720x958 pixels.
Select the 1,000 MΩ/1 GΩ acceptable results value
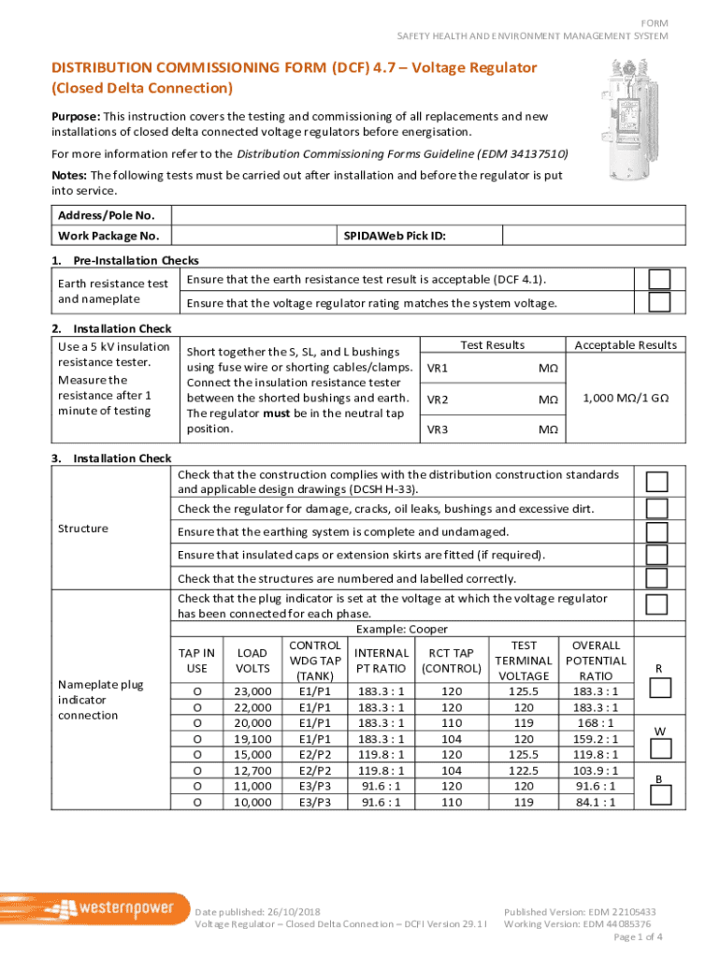(x=626, y=397)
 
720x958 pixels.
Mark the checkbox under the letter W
(x=660, y=748)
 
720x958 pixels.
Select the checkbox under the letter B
(x=660, y=795)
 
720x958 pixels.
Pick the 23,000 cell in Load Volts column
(x=253, y=691)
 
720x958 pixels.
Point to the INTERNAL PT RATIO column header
(x=382, y=660)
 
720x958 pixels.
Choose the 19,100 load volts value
(x=253, y=739)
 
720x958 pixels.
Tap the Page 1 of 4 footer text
(x=638, y=937)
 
